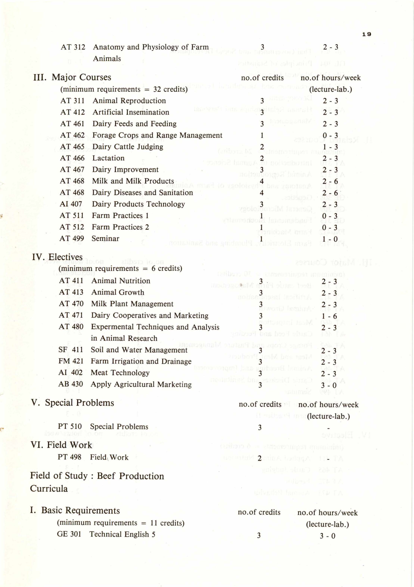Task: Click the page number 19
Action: (366, 34)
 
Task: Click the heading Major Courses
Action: (81, 77)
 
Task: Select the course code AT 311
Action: (72, 101)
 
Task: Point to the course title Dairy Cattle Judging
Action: (128, 147)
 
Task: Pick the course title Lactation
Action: (108, 158)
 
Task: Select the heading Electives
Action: (65, 257)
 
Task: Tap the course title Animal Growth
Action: (118, 292)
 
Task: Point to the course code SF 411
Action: (71, 350)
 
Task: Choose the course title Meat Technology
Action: (120, 373)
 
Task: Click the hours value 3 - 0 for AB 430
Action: (329, 385)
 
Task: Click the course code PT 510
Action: (70, 427)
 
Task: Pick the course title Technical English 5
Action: (122, 534)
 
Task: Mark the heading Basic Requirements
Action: (80, 510)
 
